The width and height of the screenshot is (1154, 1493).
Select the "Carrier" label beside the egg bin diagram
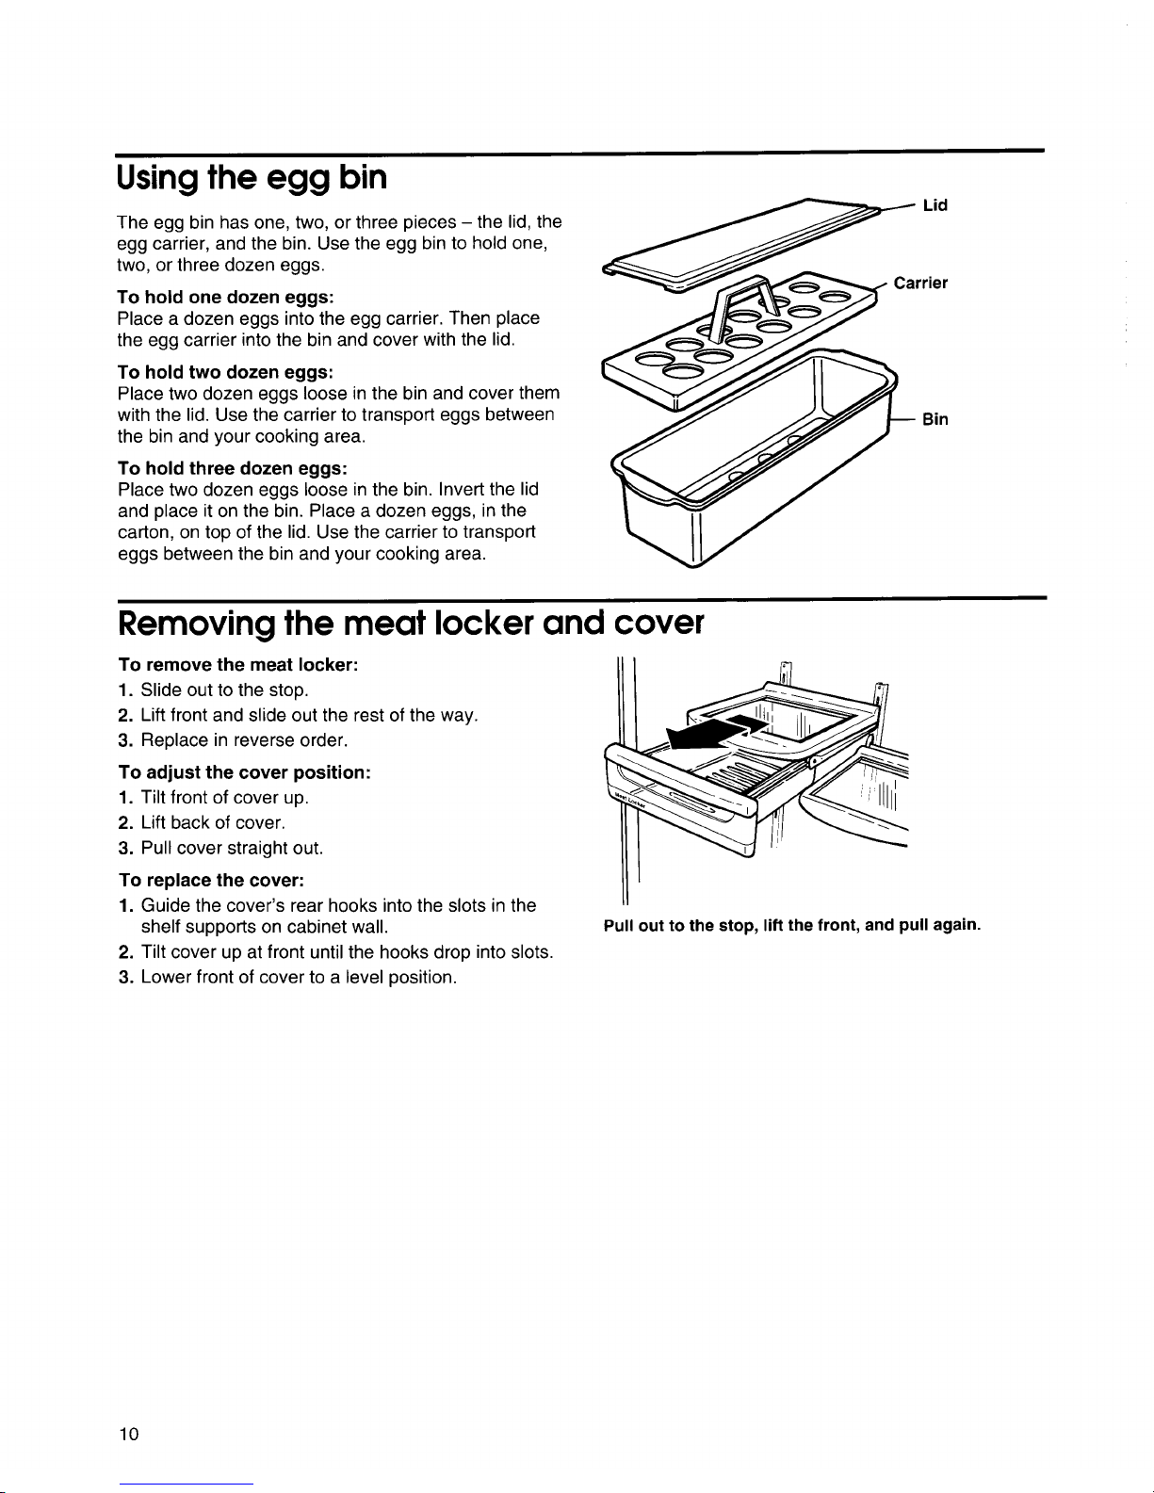coord(920,283)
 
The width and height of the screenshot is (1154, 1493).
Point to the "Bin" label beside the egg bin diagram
coord(935,420)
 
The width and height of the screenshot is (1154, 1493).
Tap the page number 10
coord(129,1434)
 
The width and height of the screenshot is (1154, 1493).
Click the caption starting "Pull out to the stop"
coord(792,925)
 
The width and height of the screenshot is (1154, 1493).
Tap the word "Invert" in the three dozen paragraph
coord(470,490)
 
